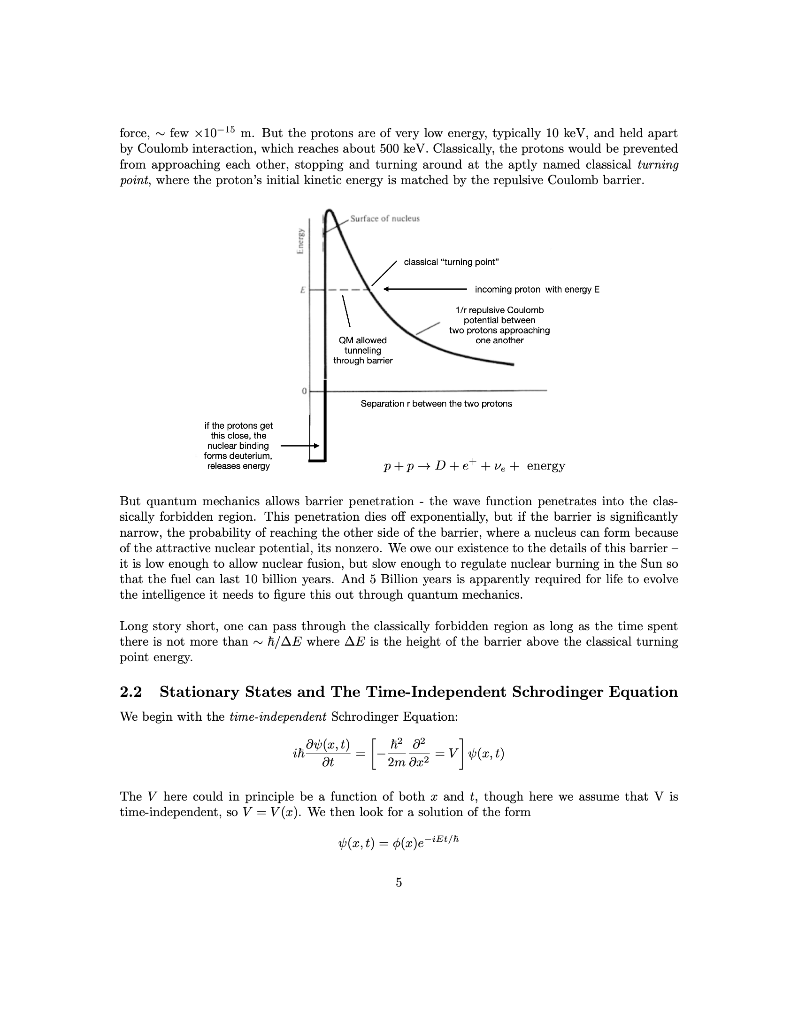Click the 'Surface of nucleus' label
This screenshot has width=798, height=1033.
point(384,218)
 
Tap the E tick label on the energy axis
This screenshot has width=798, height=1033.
point(302,290)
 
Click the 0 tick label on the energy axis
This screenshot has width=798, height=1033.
point(304,391)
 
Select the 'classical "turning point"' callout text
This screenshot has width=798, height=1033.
point(451,262)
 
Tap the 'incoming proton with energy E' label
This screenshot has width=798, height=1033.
point(537,289)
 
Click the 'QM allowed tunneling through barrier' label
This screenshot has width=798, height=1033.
point(362,350)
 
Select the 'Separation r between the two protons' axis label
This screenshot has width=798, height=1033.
point(436,404)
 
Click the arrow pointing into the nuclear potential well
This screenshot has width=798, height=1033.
point(300,446)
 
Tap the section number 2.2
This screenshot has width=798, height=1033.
point(131,692)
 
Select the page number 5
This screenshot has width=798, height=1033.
point(399,882)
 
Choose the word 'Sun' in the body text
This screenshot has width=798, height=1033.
point(651,564)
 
